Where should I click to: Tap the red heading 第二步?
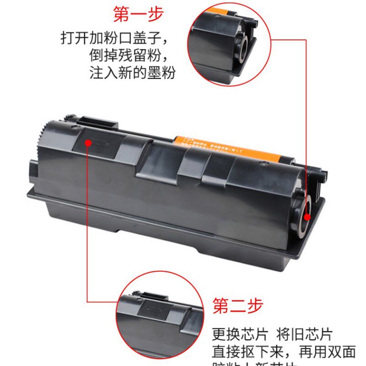coord(238,305)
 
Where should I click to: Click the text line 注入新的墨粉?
coord(132,72)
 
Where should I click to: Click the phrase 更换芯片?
coord(238,335)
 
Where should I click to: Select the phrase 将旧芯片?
coord(307,335)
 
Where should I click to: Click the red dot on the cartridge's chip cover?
coord(88,142)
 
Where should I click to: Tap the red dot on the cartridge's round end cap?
coord(307,217)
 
